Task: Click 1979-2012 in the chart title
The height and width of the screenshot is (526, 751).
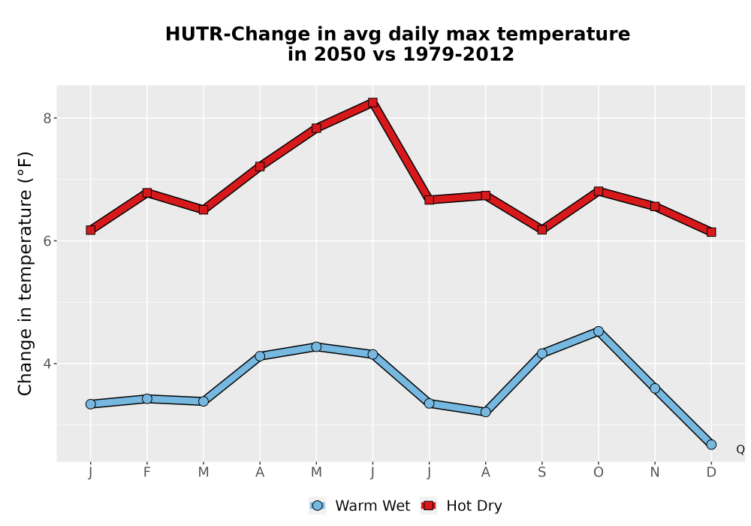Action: pyautogui.click(x=458, y=54)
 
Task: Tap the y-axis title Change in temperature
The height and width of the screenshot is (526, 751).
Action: pyautogui.click(x=25, y=274)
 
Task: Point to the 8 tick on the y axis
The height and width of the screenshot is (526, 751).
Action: pyautogui.click(x=47, y=118)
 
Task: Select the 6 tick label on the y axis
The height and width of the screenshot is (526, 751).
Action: pyautogui.click(x=47, y=241)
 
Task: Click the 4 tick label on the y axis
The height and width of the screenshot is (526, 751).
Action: pyautogui.click(x=47, y=364)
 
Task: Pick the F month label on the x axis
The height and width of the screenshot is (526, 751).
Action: pyautogui.click(x=147, y=473)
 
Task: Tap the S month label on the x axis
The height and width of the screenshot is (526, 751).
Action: pyautogui.click(x=541, y=473)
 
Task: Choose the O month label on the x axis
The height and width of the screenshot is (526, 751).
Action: pyautogui.click(x=599, y=473)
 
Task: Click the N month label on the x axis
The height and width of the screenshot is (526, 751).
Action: pyautogui.click(x=655, y=473)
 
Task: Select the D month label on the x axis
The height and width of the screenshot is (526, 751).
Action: pyautogui.click(x=711, y=473)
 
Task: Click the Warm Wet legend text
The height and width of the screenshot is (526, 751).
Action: pyautogui.click(x=372, y=506)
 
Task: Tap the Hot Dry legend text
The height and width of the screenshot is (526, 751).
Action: pyautogui.click(x=474, y=506)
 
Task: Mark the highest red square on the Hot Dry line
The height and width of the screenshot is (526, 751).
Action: pyautogui.click(x=372, y=102)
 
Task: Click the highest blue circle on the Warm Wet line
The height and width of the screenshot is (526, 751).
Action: pyautogui.click(x=599, y=331)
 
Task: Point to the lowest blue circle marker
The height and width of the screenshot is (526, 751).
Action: pyautogui.click(x=711, y=445)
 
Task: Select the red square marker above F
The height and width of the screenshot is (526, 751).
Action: pyautogui.click(x=147, y=192)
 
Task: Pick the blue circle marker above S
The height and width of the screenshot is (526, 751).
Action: pyautogui.click(x=541, y=353)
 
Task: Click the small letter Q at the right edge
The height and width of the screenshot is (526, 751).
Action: pyautogui.click(x=740, y=449)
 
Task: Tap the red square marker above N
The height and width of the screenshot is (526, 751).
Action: pyautogui.click(x=655, y=207)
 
